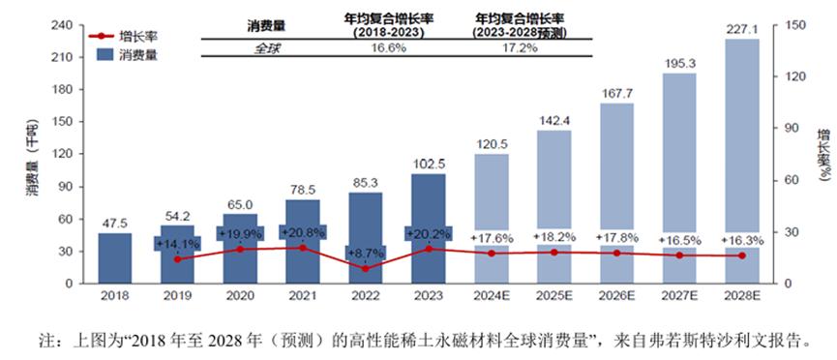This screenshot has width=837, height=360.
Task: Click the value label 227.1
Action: point(741,29)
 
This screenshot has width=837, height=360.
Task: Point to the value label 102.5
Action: point(428,164)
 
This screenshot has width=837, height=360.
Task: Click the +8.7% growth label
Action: point(365,252)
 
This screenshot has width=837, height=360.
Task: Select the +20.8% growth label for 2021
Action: point(303,232)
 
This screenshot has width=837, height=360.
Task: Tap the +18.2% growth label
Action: point(553,237)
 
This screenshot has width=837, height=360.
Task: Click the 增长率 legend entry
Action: point(123,37)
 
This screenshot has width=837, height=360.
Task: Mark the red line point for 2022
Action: point(365,268)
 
